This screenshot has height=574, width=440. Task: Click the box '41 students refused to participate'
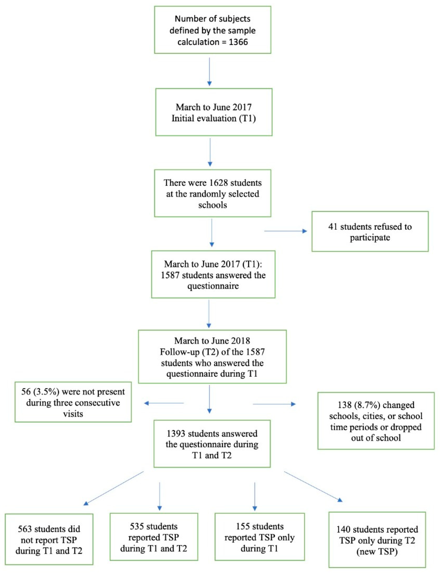point(370,232)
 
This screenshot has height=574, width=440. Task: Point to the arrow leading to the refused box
point(285,231)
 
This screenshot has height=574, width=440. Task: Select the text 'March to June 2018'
point(212,341)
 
